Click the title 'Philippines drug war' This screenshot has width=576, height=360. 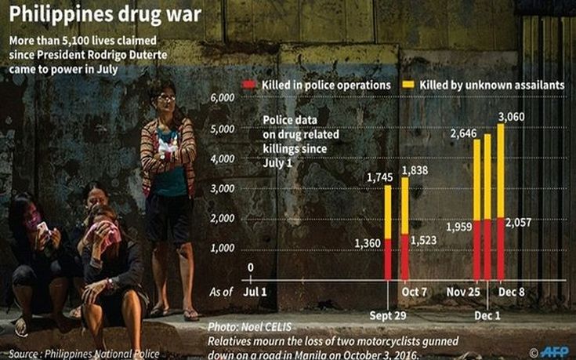(102, 15)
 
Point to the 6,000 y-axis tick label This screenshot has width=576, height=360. (223, 97)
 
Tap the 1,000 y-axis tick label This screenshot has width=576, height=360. (223, 248)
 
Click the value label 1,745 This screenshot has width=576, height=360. (379, 177)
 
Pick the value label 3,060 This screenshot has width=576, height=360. (509, 117)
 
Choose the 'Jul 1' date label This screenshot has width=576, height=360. (253, 291)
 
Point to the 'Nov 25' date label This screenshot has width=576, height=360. (461, 291)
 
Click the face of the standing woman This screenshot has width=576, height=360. (166, 100)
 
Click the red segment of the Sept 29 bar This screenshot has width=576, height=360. (387, 259)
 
